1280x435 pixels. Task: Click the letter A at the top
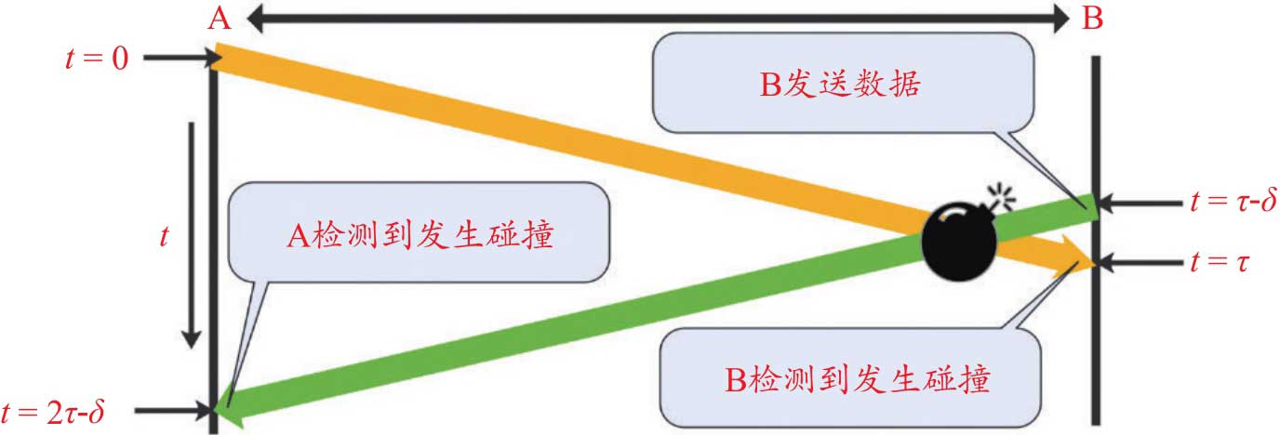[x=219, y=20]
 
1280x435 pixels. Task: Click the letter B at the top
[x=1094, y=20]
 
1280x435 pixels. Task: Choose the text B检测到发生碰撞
[x=857, y=379]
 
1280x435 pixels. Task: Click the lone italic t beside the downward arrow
[x=164, y=237]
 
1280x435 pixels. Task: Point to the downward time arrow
[x=191, y=232]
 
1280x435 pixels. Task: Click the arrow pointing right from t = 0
[x=178, y=59]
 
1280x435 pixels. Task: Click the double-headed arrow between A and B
[x=656, y=17]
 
